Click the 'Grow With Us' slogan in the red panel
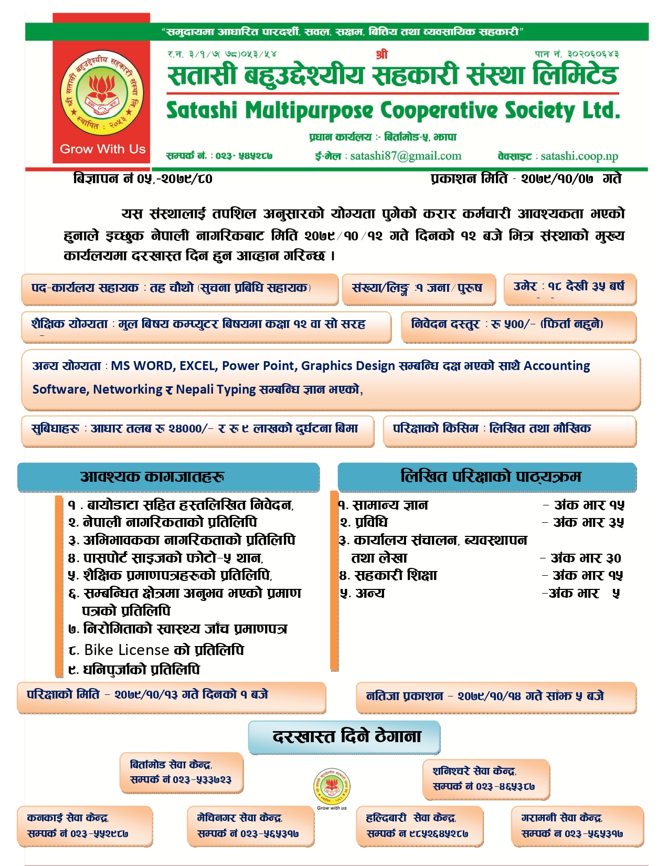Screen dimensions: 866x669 [x=102, y=149]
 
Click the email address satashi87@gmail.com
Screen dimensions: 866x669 [x=406, y=156]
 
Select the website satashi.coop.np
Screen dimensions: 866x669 [x=579, y=156]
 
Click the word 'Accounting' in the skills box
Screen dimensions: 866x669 [x=557, y=366]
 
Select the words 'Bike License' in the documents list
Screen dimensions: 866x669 [x=126, y=650]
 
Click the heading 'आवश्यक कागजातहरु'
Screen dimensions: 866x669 [x=168, y=477]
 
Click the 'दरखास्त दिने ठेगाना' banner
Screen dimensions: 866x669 [x=344, y=737]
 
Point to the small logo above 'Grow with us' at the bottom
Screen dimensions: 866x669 [x=332, y=786]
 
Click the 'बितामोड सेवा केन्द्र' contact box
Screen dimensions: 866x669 [x=182, y=773]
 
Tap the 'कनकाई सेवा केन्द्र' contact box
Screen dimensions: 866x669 [x=84, y=826]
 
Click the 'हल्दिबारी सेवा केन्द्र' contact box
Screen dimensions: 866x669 [x=419, y=826]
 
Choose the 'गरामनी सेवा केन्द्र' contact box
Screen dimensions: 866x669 [x=577, y=826]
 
